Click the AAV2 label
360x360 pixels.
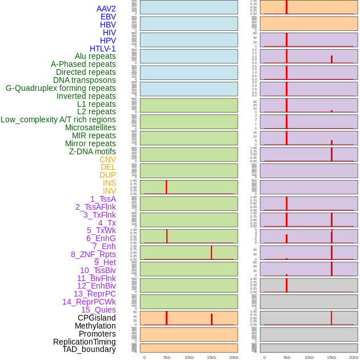(106, 9)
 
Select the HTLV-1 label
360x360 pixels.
(102, 49)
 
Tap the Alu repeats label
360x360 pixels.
(95, 56)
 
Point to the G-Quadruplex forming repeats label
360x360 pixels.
(61, 88)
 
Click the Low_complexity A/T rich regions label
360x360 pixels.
(58, 119)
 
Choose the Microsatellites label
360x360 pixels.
(90, 127)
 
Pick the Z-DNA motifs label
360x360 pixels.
(92, 151)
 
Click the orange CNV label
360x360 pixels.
(107, 159)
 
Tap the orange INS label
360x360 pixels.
(109, 183)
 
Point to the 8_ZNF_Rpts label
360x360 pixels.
(93, 254)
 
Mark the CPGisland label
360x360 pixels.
(97, 318)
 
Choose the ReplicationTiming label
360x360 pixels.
(84, 342)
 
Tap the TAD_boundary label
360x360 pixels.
(89, 349)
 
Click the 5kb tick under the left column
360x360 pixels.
(167, 357)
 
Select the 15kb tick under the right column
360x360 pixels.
(331, 357)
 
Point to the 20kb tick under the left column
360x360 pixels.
(234, 357)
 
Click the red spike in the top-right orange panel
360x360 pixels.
(287, 7)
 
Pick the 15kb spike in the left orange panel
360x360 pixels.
(211, 319)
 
